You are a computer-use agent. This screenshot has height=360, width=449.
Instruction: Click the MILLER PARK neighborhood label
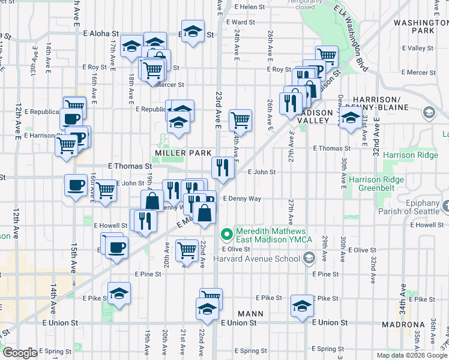tap(183, 153)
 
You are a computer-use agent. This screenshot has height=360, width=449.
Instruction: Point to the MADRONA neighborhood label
tap(403, 325)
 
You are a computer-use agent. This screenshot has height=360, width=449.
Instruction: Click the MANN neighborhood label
tap(251, 313)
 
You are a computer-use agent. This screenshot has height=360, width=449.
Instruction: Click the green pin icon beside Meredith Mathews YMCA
tap(227, 233)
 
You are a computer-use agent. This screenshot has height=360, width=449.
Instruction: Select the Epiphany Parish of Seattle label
tap(411, 207)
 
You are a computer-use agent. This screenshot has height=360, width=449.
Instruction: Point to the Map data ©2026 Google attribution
tap(412, 355)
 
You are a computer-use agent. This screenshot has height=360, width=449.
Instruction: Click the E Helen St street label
tap(250, 7)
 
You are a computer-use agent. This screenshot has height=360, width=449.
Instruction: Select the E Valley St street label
tap(418, 47)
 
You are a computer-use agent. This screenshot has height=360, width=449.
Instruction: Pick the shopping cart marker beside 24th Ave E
tap(240, 119)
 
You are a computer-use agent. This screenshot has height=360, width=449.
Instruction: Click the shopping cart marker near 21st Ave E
tap(187, 250)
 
